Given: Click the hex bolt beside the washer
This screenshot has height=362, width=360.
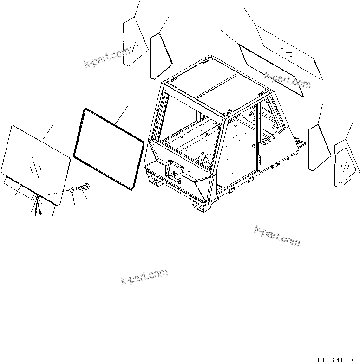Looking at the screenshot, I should [84, 187].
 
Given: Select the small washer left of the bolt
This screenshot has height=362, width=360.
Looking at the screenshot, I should [71, 189].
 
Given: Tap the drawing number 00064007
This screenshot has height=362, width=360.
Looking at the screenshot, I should [338, 359].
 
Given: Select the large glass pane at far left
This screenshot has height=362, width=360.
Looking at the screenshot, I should [35, 162].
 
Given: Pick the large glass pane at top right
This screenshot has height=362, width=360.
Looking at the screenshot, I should [288, 52].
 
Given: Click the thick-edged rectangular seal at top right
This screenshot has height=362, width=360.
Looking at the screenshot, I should [271, 70].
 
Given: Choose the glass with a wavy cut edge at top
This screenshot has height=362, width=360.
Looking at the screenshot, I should [134, 41].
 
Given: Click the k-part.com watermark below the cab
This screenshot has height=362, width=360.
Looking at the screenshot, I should [277, 236].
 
